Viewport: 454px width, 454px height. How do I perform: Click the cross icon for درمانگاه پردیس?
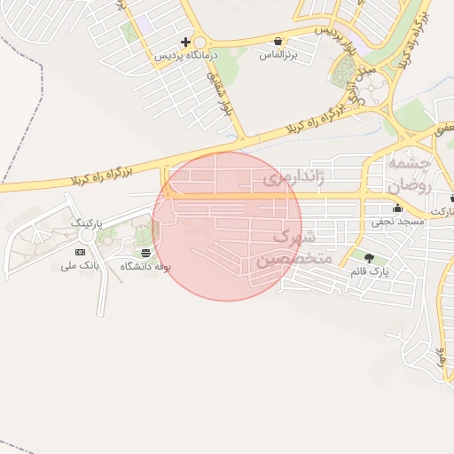(185, 42)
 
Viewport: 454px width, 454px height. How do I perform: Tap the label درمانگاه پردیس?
(186, 55)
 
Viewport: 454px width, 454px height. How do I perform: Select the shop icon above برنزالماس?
(278, 41)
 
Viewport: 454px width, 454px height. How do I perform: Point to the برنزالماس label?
(278, 55)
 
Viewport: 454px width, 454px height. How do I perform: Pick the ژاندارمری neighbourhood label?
(294, 178)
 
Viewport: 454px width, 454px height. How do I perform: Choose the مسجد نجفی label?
(393, 221)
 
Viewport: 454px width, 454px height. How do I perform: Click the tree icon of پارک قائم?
(369, 257)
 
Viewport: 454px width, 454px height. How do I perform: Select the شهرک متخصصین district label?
(294, 248)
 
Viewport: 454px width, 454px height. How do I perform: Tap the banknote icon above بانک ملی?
(81, 253)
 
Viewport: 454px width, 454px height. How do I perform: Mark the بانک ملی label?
(80, 266)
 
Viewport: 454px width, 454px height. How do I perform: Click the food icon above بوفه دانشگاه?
(145, 253)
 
